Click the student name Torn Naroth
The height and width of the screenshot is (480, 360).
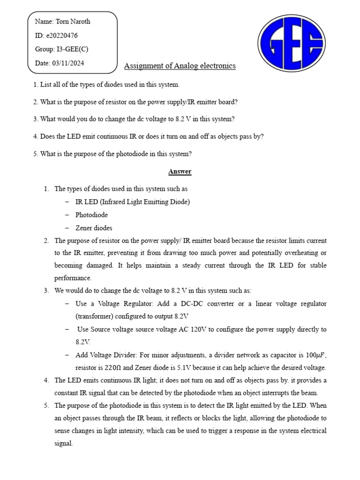73,22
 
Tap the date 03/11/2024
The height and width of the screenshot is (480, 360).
68,63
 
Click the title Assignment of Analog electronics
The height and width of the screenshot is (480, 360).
180,66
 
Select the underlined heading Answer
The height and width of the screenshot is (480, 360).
180,172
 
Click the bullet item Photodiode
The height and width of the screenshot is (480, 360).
91,215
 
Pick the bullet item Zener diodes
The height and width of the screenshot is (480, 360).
94,228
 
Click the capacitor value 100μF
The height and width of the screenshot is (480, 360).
312,355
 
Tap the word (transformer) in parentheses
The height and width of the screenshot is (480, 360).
98,316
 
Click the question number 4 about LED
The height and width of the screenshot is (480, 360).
35,136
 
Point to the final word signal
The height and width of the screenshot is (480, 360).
63,443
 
